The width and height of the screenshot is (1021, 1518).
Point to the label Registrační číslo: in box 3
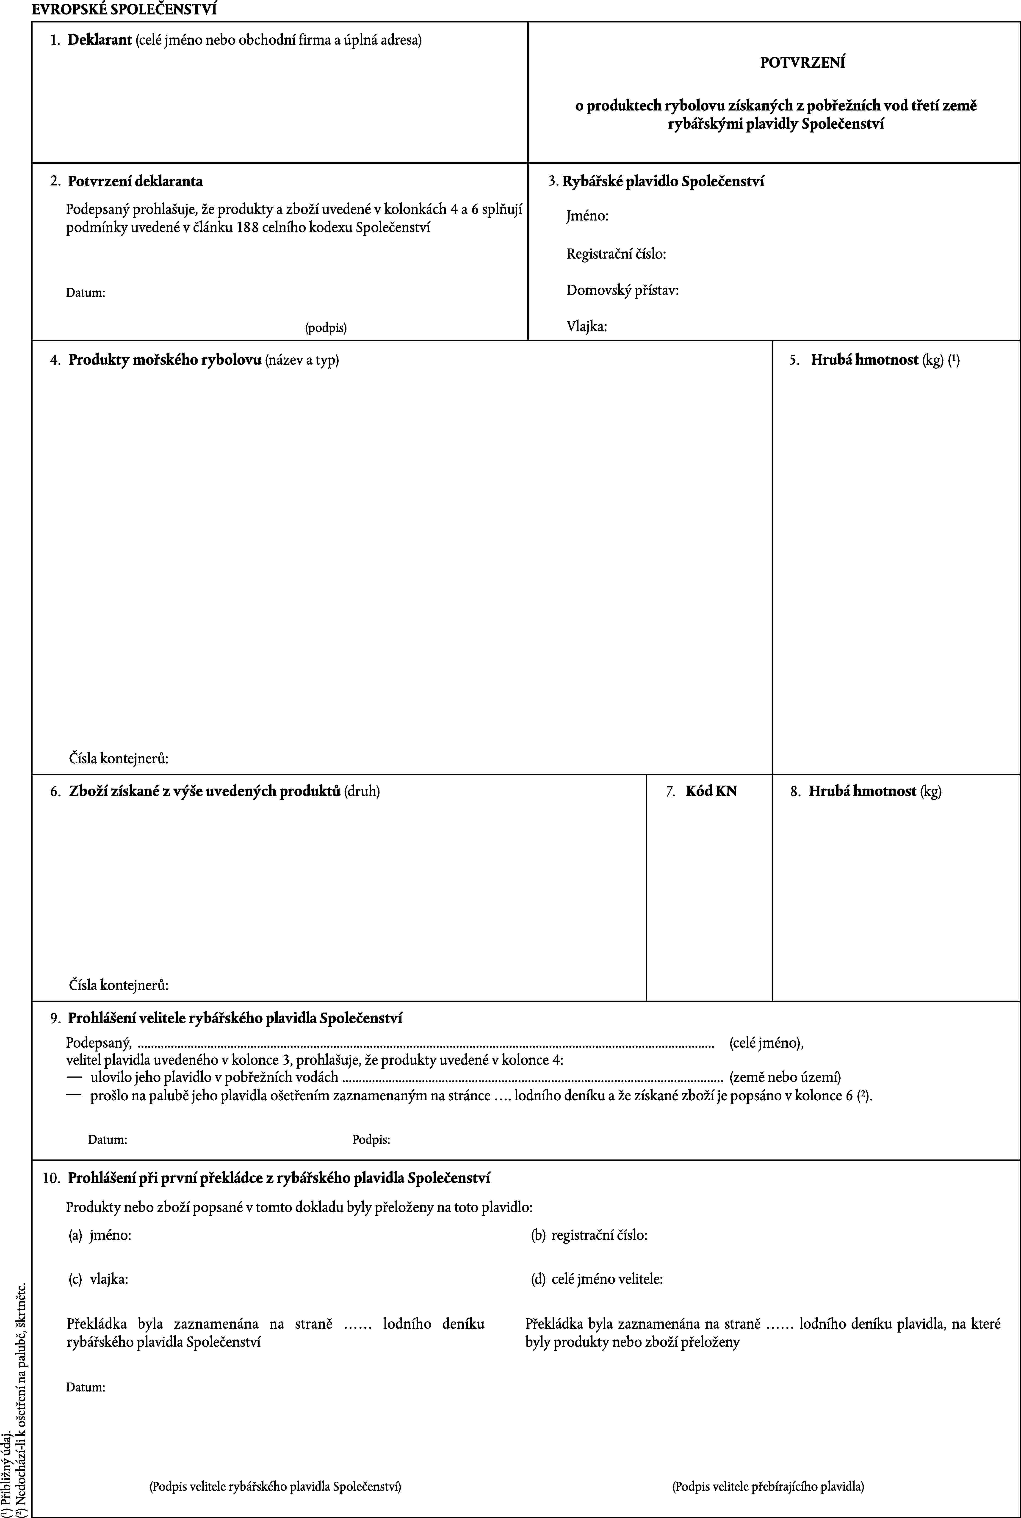pos(615,253)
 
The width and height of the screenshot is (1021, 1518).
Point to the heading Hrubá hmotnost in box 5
pos(864,359)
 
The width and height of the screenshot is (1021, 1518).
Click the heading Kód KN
pos(711,791)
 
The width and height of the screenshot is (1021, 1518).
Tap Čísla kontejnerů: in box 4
pos(119,758)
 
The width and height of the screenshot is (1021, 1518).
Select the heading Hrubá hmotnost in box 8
pos(863,791)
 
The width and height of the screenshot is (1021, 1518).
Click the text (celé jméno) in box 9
pos(766,1043)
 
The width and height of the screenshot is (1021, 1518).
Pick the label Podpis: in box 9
pos(371,1139)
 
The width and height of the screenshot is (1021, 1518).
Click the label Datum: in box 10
pos(85,1386)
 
